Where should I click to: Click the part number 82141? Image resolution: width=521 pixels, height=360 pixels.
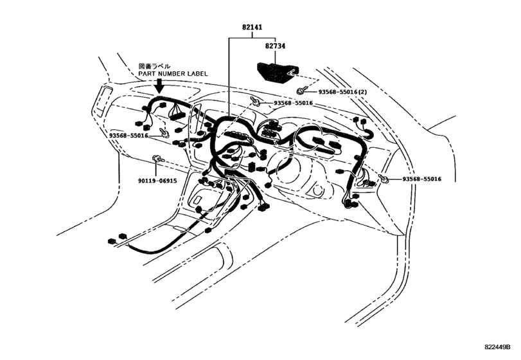[252, 27]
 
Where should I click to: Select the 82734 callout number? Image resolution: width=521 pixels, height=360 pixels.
[275, 46]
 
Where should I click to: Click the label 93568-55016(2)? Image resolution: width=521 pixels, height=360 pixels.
[342, 92]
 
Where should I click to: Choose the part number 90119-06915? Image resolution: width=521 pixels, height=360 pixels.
[157, 181]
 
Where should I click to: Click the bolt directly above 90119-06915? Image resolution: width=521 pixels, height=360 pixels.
[157, 159]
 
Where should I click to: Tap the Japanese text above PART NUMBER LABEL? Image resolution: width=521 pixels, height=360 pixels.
[154, 66]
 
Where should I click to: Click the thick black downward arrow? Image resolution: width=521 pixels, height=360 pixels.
[160, 85]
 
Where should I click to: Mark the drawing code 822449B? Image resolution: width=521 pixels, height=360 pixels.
[497, 347]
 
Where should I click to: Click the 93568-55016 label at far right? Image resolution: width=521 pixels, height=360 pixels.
[422, 179]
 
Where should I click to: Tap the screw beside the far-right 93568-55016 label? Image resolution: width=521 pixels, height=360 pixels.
[384, 179]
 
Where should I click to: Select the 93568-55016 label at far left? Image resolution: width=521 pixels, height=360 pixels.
[128, 136]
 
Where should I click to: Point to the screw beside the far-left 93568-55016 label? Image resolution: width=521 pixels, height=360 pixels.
[164, 132]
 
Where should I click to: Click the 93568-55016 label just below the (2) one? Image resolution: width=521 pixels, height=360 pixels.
[294, 104]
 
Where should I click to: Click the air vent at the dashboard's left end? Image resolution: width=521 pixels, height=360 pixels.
[103, 102]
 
